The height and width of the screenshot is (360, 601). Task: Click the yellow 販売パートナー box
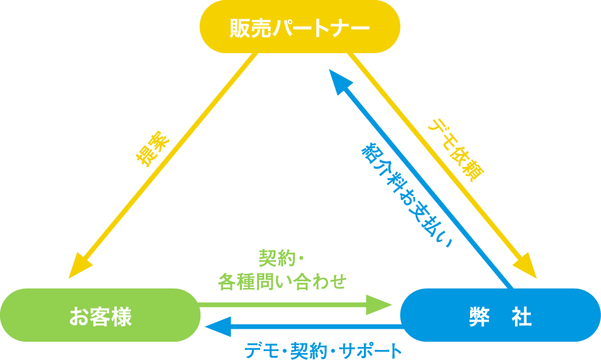coord(300,27)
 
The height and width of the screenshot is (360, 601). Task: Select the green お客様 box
coord(100,315)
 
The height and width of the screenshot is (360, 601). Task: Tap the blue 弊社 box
coord(500,315)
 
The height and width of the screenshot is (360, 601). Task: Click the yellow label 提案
coord(152,149)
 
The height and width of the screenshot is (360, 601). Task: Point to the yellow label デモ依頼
coord(456,150)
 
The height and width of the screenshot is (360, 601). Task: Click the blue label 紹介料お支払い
coord(407,195)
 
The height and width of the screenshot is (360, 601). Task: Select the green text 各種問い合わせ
coord(282,282)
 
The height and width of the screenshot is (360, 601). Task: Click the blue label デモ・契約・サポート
coord(323,351)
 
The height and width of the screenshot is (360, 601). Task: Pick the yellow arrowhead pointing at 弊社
coord(526,266)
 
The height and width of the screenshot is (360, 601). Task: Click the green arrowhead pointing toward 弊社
coord(379,305)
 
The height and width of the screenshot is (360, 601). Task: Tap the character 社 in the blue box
coord(521,317)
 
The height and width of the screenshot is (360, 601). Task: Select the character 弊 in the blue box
coord(479,317)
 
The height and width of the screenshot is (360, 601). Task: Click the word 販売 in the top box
coord(251,28)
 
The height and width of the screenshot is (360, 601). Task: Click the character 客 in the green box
coord(100,317)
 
